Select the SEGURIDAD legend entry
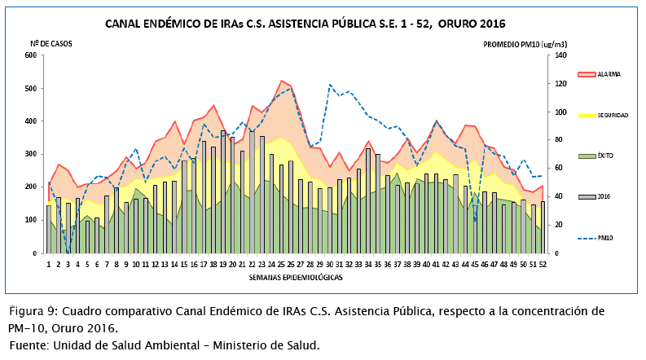(x=612, y=116)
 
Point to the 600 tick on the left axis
(x=32, y=55)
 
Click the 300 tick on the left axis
(x=32, y=154)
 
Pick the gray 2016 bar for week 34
(x=368, y=201)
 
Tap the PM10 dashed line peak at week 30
(x=330, y=85)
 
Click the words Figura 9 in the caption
(x=33, y=311)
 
